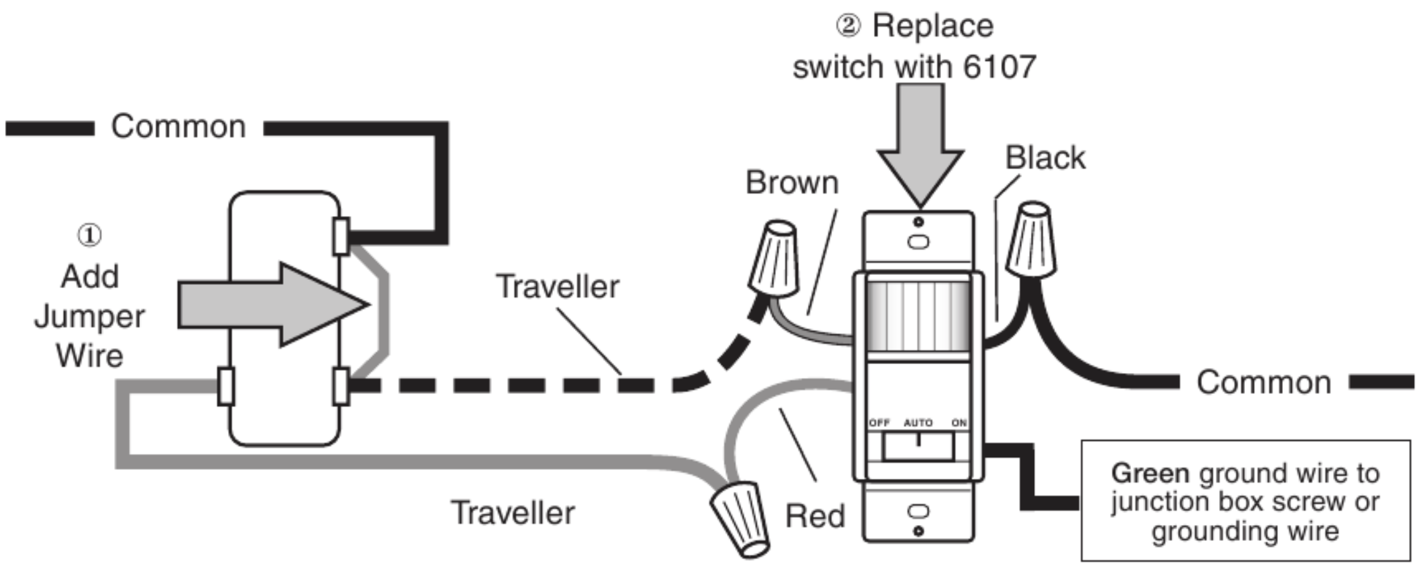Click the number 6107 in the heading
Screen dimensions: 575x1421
click(x=999, y=66)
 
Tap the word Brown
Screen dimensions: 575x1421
click(x=792, y=183)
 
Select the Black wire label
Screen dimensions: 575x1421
click(x=1045, y=158)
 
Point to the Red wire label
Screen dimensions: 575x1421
click(x=815, y=516)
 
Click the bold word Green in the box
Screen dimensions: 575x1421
click(x=1150, y=474)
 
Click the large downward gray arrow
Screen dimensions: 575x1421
click(x=920, y=146)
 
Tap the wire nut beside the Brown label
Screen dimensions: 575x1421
click(x=774, y=259)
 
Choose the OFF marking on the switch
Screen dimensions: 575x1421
click(x=879, y=422)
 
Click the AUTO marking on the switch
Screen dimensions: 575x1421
click(x=918, y=422)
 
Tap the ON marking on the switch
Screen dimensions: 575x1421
click(x=959, y=422)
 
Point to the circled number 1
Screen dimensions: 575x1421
click(x=89, y=235)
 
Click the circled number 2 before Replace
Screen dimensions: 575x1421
click(x=848, y=26)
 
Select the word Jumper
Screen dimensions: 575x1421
click(x=89, y=316)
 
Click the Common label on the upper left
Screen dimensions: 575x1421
click(x=178, y=127)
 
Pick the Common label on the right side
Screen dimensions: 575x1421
click(x=1263, y=383)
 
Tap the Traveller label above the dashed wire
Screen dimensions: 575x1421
click(x=557, y=287)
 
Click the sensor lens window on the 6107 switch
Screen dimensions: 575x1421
click(x=918, y=315)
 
